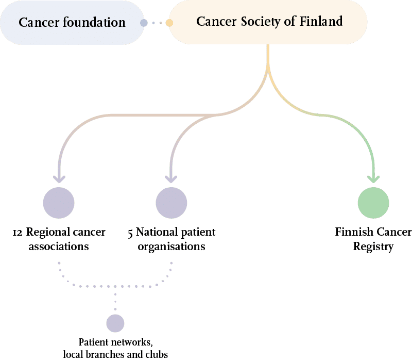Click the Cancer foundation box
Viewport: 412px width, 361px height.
(x=72, y=23)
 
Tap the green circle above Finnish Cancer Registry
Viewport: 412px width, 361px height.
(x=373, y=203)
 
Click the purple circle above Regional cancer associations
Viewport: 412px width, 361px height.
(x=59, y=203)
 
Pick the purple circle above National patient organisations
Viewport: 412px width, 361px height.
(x=171, y=203)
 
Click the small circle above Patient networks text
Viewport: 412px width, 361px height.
(x=115, y=323)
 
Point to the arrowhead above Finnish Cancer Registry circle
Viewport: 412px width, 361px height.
(x=373, y=178)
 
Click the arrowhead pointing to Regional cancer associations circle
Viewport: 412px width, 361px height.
(x=59, y=178)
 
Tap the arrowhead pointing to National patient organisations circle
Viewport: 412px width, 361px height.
(x=171, y=178)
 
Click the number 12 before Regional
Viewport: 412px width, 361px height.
(x=17, y=233)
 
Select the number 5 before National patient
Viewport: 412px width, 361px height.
(x=131, y=233)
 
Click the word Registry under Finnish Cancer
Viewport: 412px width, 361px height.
(x=373, y=247)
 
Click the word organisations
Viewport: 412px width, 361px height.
(x=171, y=247)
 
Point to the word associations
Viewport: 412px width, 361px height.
(x=59, y=247)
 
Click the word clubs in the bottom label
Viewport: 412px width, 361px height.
(x=157, y=354)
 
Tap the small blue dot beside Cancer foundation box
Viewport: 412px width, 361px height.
(x=144, y=23)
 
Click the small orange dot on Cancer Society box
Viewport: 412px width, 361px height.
(x=169, y=23)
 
